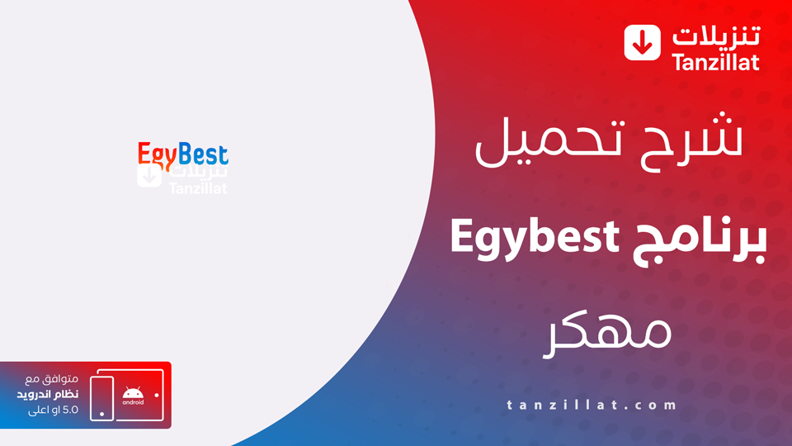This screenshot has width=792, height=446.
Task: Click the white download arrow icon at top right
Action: [x=643, y=42]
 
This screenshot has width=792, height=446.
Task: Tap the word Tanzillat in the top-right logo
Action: [x=715, y=62]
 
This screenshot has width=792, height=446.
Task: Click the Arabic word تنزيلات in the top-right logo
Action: [x=715, y=36]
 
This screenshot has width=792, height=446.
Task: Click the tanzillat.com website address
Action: [x=592, y=405]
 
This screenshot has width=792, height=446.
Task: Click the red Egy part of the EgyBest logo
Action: [x=157, y=154]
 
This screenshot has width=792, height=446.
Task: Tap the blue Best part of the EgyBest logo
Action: [x=203, y=154]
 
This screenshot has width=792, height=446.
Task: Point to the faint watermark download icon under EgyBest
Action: [x=149, y=176]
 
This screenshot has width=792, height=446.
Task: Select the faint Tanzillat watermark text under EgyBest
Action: [x=198, y=189]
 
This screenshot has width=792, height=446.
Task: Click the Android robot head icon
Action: [x=132, y=391]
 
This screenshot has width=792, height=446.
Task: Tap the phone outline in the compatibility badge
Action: [x=102, y=398]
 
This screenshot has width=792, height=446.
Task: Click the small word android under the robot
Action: [x=132, y=402]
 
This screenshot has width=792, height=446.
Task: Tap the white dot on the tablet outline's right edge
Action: [x=156, y=394]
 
